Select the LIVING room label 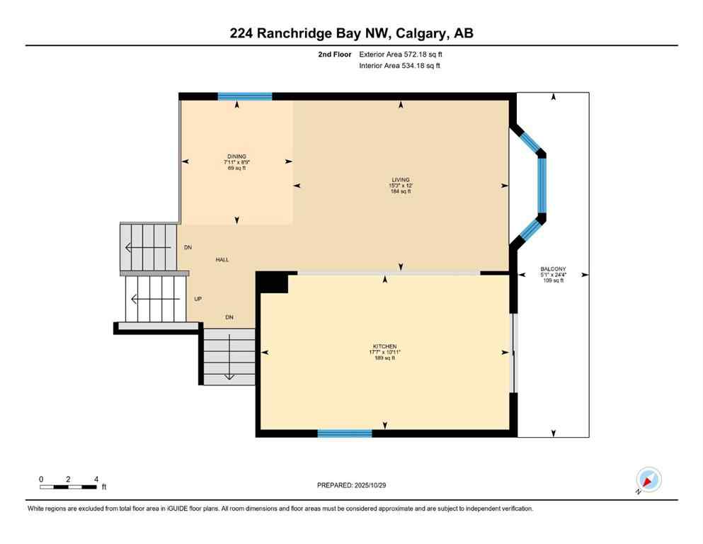(401, 180)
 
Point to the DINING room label (236, 157)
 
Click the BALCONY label (553, 269)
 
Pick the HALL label (222, 260)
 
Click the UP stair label (198, 299)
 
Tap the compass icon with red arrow (648, 480)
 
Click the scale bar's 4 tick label (96, 480)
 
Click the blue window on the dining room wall (244, 96)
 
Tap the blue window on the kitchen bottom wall (345, 433)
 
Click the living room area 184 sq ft (401, 191)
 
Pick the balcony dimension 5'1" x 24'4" (553, 275)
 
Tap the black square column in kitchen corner (272, 282)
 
